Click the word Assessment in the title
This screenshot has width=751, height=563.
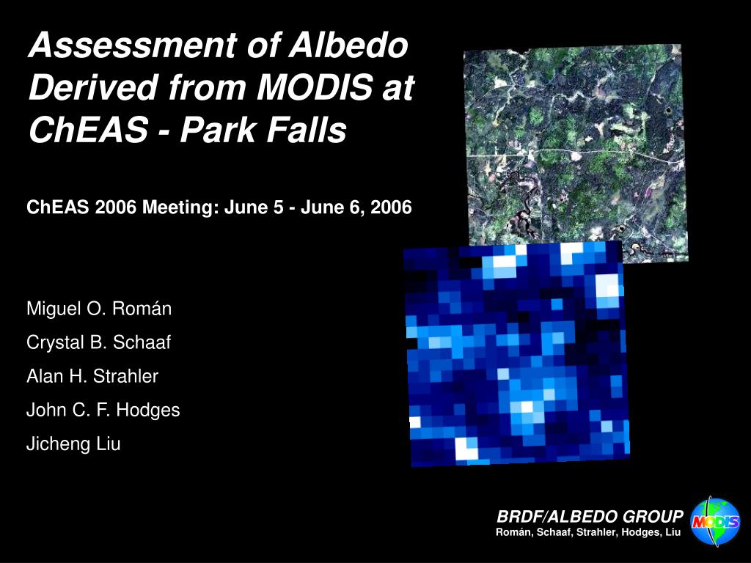click(x=132, y=45)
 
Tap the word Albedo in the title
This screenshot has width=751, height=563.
click(x=348, y=45)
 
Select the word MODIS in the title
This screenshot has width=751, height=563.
click(x=315, y=87)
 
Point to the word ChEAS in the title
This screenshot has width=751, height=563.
click(x=88, y=129)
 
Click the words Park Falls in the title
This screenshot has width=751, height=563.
click(x=263, y=129)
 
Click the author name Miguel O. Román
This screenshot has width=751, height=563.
click(x=99, y=309)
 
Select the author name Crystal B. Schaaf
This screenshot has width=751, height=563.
click(x=99, y=342)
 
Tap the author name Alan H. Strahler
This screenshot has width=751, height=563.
click(x=92, y=376)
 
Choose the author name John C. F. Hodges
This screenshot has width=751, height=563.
click(x=103, y=411)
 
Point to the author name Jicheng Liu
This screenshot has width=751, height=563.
click(x=73, y=444)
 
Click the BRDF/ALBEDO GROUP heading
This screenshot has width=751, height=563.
click(x=590, y=517)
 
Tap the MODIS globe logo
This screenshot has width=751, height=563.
click(x=714, y=521)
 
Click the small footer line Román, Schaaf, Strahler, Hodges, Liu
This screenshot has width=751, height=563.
click(x=588, y=532)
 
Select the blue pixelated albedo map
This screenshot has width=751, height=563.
click(x=516, y=353)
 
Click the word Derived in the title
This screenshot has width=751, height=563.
click(x=93, y=87)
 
